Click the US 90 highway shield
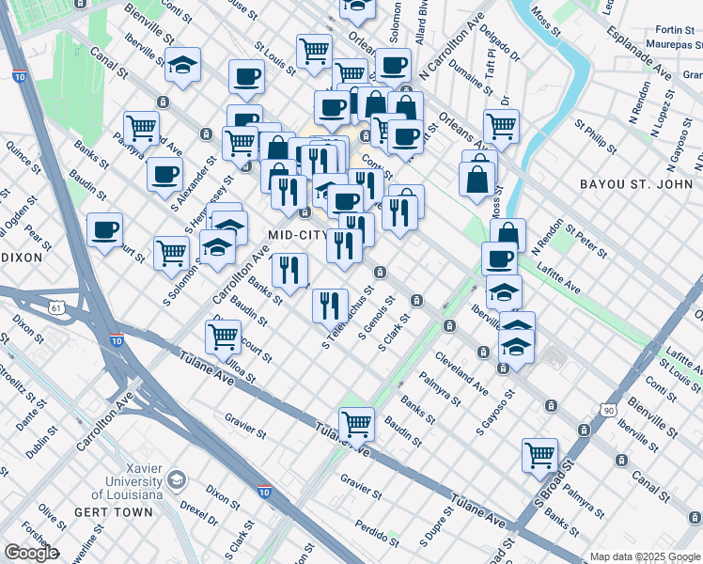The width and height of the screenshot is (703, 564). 609,410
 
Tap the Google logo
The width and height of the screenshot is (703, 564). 31,553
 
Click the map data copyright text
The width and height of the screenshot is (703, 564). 644,556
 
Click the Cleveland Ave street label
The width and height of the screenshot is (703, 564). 461,371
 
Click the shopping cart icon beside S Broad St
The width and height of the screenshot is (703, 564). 540,456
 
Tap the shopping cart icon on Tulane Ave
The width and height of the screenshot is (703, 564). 357,425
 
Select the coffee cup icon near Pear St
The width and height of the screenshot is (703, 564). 104,228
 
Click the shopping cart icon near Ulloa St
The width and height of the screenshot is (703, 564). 223,336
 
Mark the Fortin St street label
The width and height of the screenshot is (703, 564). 675,30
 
